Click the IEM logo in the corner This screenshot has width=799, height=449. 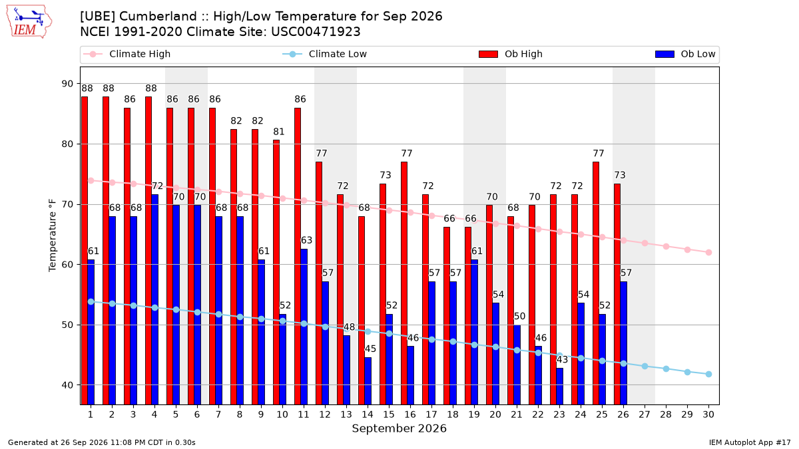(29, 22)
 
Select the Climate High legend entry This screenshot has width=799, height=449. (127, 54)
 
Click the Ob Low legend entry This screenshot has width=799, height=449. (685, 54)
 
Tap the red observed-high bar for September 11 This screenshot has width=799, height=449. (298, 256)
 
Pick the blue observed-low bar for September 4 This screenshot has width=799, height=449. (154, 300)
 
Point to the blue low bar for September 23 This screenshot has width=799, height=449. (560, 386)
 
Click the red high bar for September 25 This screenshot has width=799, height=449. (596, 283)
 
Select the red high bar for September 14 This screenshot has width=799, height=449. (362, 311)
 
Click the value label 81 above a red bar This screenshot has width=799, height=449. (279, 132)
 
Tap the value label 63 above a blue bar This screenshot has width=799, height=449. (307, 241)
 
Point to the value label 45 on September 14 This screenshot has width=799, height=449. (371, 349)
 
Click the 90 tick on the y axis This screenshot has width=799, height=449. (67, 84)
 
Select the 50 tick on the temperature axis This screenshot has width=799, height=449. (67, 325)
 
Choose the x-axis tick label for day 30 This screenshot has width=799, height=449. (708, 414)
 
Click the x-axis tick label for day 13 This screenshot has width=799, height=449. (346, 414)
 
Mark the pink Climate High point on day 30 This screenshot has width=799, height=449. (708, 252)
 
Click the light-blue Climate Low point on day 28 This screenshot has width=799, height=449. (666, 369)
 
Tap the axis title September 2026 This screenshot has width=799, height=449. (399, 428)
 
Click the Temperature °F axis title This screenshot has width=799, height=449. (53, 235)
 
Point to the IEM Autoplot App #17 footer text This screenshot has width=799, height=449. (750, 442)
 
